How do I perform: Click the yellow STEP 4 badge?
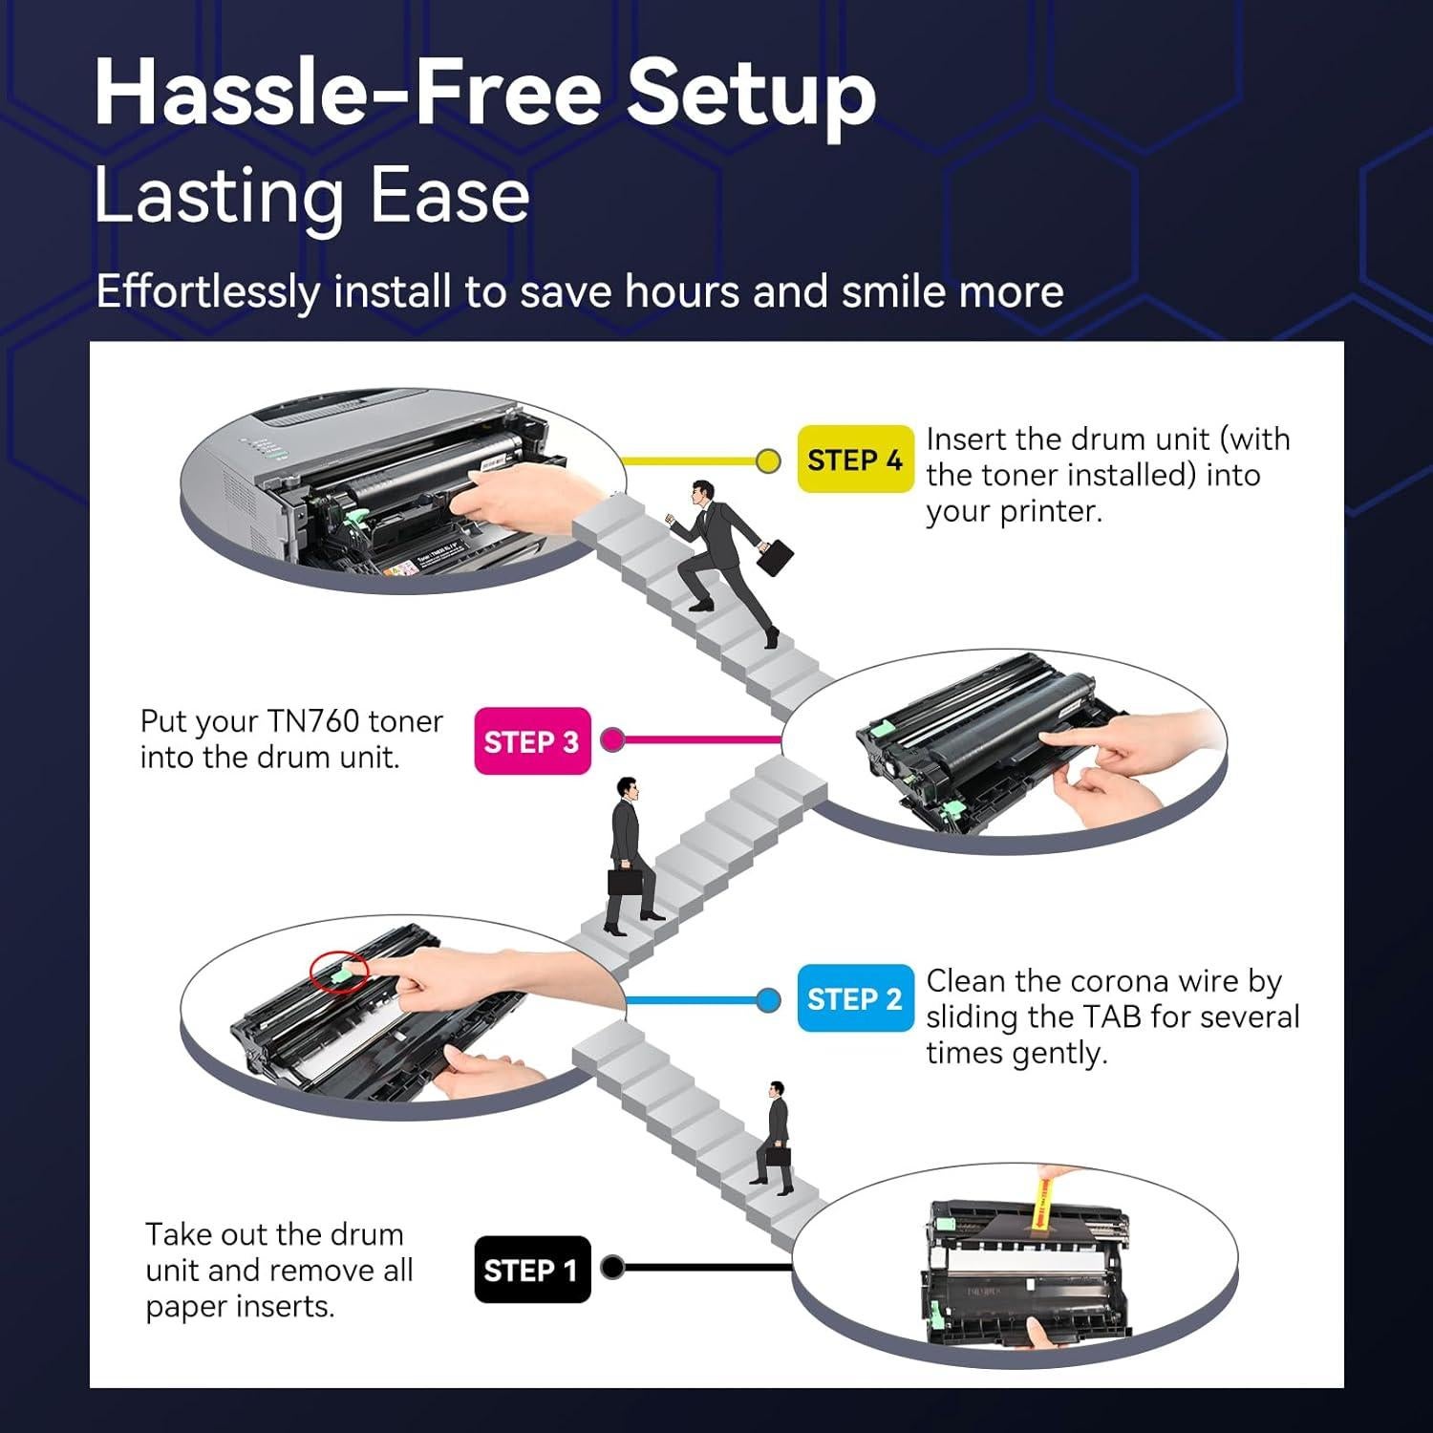855,460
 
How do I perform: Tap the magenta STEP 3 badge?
532,741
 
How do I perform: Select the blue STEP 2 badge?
855,998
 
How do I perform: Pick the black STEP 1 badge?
532,1270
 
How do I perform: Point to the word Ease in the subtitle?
449,196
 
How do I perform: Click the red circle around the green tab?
339,971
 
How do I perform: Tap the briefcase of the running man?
776,556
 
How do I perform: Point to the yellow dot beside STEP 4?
768,461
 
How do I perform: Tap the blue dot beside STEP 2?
768,1000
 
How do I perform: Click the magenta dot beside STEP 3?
612,739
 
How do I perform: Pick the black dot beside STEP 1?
612,1268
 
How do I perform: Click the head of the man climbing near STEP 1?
777,1091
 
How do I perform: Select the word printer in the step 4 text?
1050,511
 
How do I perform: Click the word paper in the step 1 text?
187,1306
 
